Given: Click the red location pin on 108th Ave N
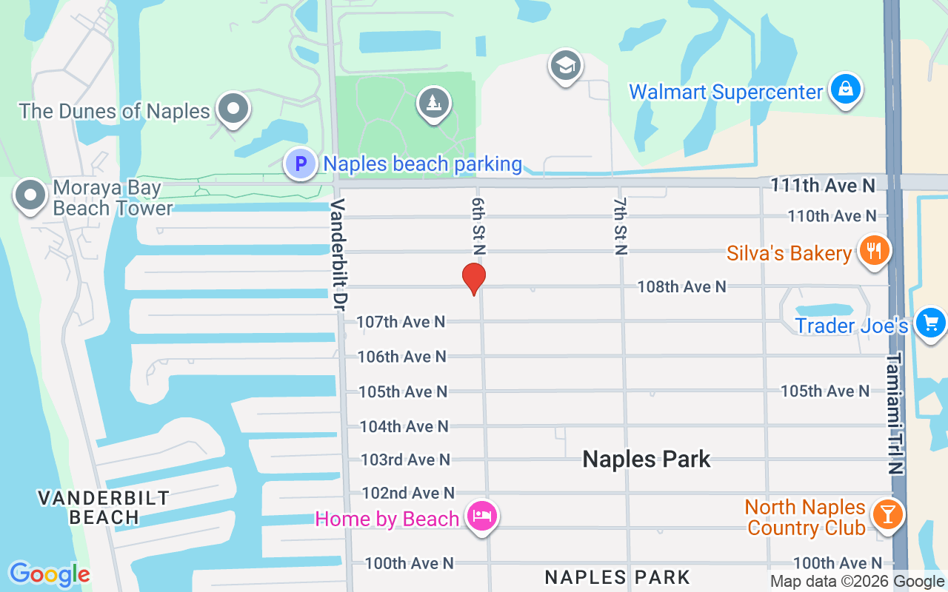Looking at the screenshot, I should click(474, 279).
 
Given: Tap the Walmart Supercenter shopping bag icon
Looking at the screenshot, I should click(844, 90).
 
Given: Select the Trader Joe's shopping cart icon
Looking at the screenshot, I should click(930, 323).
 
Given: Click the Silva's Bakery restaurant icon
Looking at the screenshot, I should click(874, 251).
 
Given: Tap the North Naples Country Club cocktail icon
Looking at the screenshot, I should click(887, 514).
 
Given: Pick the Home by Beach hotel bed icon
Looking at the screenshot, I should click(481, 516).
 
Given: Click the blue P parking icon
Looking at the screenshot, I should click(301, 163).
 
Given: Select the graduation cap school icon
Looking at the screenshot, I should click(566, 67).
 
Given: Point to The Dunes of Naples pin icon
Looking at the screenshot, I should click(234, 110).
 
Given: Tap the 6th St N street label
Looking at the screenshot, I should click(478, 226).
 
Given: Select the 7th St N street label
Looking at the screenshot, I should click(620, 226).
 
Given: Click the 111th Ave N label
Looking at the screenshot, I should click(823, 185).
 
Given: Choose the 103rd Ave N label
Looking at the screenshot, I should click(405, 460).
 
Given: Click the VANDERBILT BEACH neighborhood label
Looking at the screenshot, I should click(104, 507).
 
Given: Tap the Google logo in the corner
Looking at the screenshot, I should click(50, 574).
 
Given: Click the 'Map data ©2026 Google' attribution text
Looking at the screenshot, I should click(857, 582).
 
